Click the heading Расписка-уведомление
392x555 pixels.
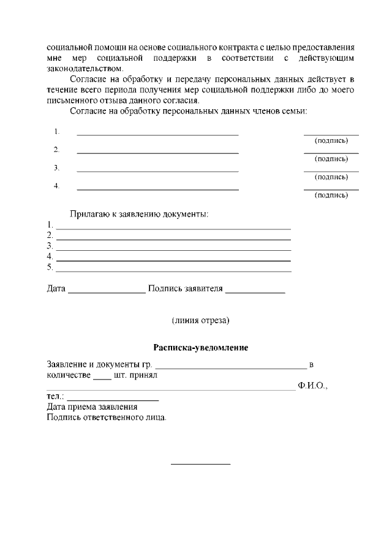coord(200,348)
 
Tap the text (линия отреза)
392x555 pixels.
coord(200,320)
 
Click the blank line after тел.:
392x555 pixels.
coord(113,400)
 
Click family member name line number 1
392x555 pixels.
coord(157,134)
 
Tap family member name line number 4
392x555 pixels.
coord(157,189)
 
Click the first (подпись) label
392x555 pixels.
coord(331,141)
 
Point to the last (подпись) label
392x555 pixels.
coord(331,196)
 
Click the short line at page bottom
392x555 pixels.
coord(200,464)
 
